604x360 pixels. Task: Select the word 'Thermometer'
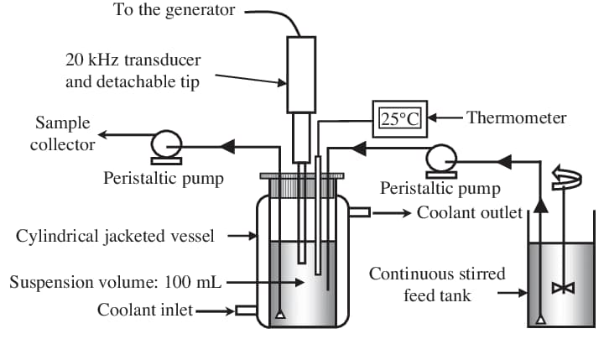pos(516,117)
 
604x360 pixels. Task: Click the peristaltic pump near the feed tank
pos(440,158)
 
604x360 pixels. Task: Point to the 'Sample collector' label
pos(63,134)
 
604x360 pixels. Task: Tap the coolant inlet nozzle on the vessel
pos(246,310)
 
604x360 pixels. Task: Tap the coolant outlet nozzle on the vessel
pos(359,212)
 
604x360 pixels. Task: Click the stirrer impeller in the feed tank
pos(558,288)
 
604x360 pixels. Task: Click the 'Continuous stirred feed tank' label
pos(437,284)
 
